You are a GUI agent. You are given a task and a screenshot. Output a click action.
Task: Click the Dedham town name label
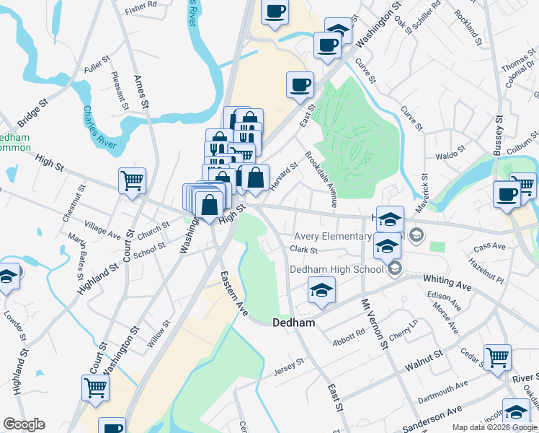point(294,323)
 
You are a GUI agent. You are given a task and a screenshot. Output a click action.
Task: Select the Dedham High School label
point(336,269)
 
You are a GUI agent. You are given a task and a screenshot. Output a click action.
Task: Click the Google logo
point(24,424)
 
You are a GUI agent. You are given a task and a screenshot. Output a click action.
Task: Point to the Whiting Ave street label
point(447,283)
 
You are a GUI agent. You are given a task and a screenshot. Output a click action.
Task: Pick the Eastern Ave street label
point(233,292)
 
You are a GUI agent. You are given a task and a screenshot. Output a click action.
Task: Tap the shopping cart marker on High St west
point(133,181)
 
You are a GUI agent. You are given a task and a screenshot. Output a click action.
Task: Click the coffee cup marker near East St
point(300,84)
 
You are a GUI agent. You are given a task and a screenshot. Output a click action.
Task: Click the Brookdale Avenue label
point(321,180)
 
